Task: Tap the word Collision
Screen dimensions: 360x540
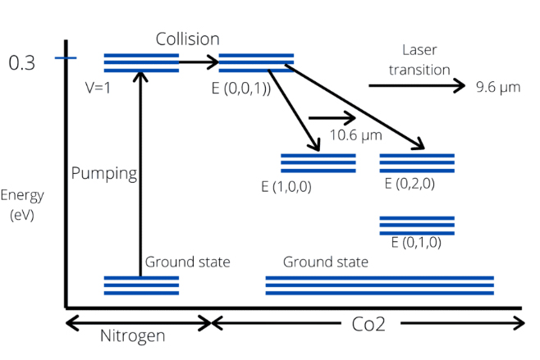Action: click(188, 39)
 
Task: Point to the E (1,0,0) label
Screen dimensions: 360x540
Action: click(286, 187)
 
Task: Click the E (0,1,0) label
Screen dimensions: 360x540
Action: click(416, 242)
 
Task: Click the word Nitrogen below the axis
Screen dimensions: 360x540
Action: click(134, 335)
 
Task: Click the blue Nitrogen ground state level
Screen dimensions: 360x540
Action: click(140, 285)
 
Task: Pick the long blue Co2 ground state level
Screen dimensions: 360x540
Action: click(379, 285)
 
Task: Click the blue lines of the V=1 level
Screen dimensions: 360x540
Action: click(140, 62)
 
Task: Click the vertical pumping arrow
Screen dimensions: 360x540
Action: click(141, 172)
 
